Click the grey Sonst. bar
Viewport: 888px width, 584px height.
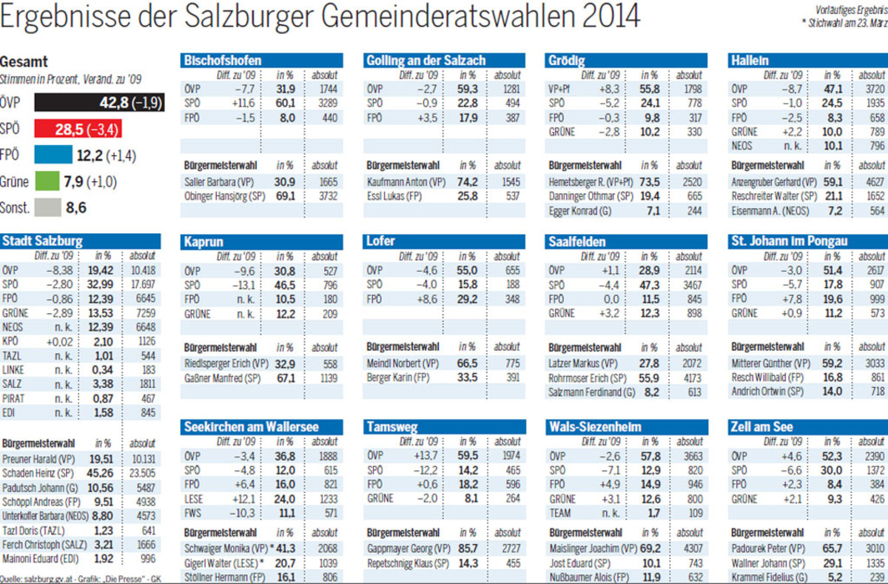pos(47,208)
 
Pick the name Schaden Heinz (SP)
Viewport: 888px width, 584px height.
pos(36,473)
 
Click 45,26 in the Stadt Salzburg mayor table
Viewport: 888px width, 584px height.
pos(99,473)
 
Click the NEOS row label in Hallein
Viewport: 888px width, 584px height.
pos(742,146)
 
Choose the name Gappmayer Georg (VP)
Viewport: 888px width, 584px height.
pos(406,548)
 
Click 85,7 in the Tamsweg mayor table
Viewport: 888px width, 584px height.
pos(466,548)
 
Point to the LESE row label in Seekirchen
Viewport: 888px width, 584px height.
pos(193,499)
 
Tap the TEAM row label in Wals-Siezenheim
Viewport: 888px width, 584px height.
pos(560,512)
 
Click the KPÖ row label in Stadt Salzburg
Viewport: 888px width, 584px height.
pos(10,341)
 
